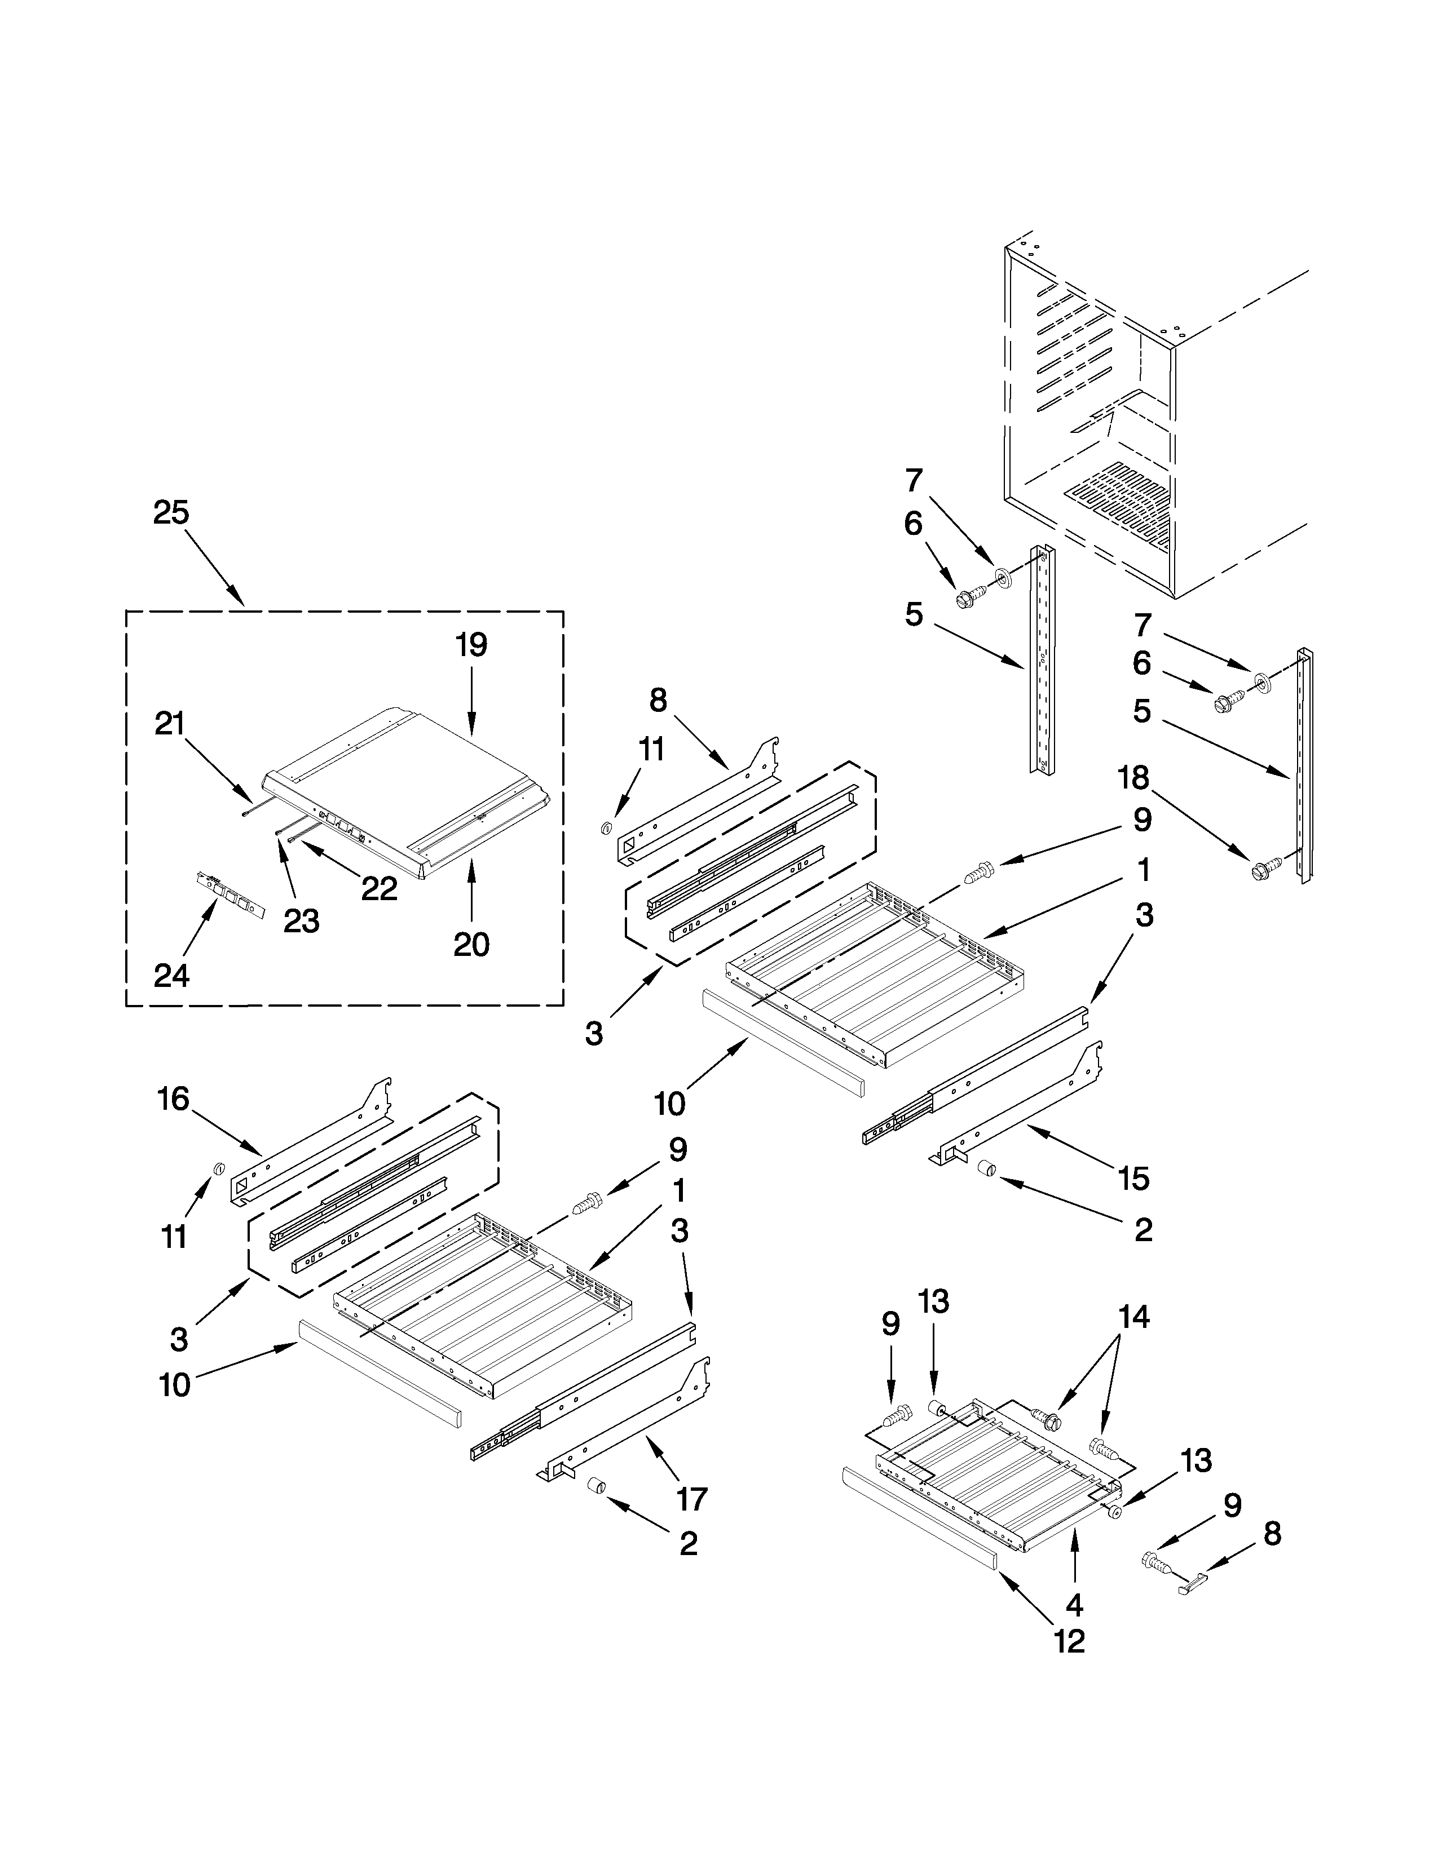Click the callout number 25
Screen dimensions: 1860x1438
(x=171, y=513)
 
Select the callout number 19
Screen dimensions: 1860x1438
(x=470, y=645)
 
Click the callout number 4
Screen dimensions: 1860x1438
(x=1074, y=1605)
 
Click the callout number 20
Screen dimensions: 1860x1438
(x=471, y=945)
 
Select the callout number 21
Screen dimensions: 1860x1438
(x=170, y=723)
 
